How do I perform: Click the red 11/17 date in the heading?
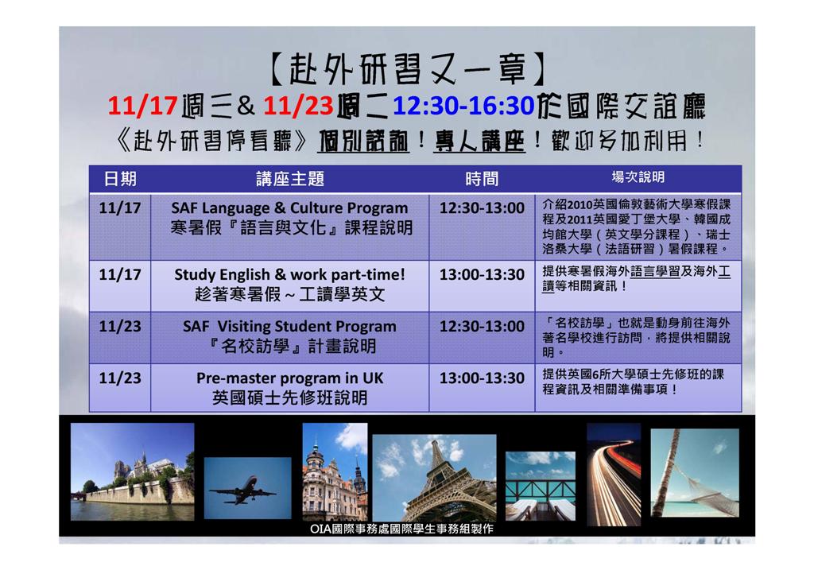[143, 106]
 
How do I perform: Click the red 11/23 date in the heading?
[298, 106]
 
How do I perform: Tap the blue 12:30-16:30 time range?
[463, 106]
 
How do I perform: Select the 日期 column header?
[120, 179]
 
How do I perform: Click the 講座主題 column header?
[290, 179]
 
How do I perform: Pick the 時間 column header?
[482, 179]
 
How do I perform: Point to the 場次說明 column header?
[638, 177]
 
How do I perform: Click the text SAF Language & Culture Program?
[289, 208]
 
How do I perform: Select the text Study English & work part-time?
[289, 274]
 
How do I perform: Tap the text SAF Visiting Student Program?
[289, 327]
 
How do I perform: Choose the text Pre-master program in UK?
[289, 378]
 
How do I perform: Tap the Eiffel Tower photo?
[435, 478]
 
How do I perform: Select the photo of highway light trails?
[614, 475]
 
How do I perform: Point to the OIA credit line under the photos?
[401, 529]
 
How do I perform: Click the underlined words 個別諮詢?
[363, 142]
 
